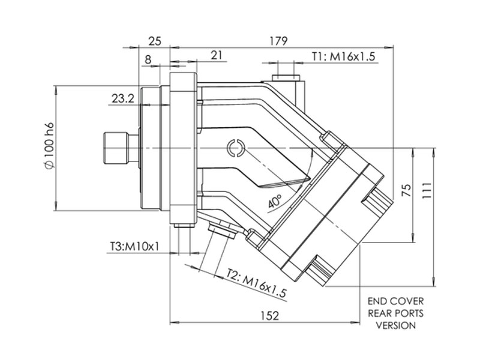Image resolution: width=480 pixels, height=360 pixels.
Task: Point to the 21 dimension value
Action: [217, 55]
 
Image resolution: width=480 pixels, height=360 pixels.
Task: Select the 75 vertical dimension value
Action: [406, 192]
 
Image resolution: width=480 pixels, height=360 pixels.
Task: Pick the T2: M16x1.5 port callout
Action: [256, 284]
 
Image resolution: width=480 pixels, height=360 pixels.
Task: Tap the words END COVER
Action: [395, 301]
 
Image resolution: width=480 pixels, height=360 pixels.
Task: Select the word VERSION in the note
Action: [395, 326]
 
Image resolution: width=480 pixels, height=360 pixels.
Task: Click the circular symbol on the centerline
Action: [235, 147]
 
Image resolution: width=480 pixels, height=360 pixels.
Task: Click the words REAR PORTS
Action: [395, 313]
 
